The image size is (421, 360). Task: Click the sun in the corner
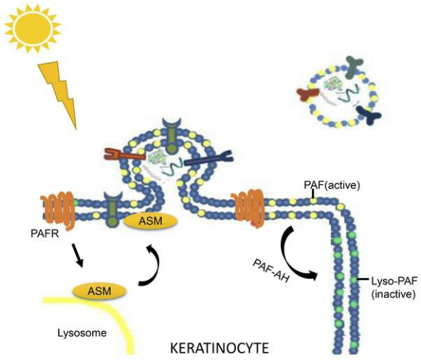click(33, 28)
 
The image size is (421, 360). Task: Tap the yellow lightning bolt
click(58, 94)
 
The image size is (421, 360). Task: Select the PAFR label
click(45, 233)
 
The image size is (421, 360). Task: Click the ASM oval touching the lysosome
click(99, 291)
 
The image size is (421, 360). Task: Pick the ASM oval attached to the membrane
click(150, 221)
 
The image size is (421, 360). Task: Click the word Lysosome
click(82, 333)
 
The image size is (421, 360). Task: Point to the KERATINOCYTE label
click(220, 348)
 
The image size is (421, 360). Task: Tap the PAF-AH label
click(271, 271)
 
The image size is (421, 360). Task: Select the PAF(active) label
click(332, 186)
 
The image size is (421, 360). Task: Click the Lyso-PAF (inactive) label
click(394, 288)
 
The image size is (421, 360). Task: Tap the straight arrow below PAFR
click(78, 255)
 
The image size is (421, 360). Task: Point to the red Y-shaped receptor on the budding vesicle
click(123, 155)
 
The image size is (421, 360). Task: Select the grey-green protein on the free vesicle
click(351, 67)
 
